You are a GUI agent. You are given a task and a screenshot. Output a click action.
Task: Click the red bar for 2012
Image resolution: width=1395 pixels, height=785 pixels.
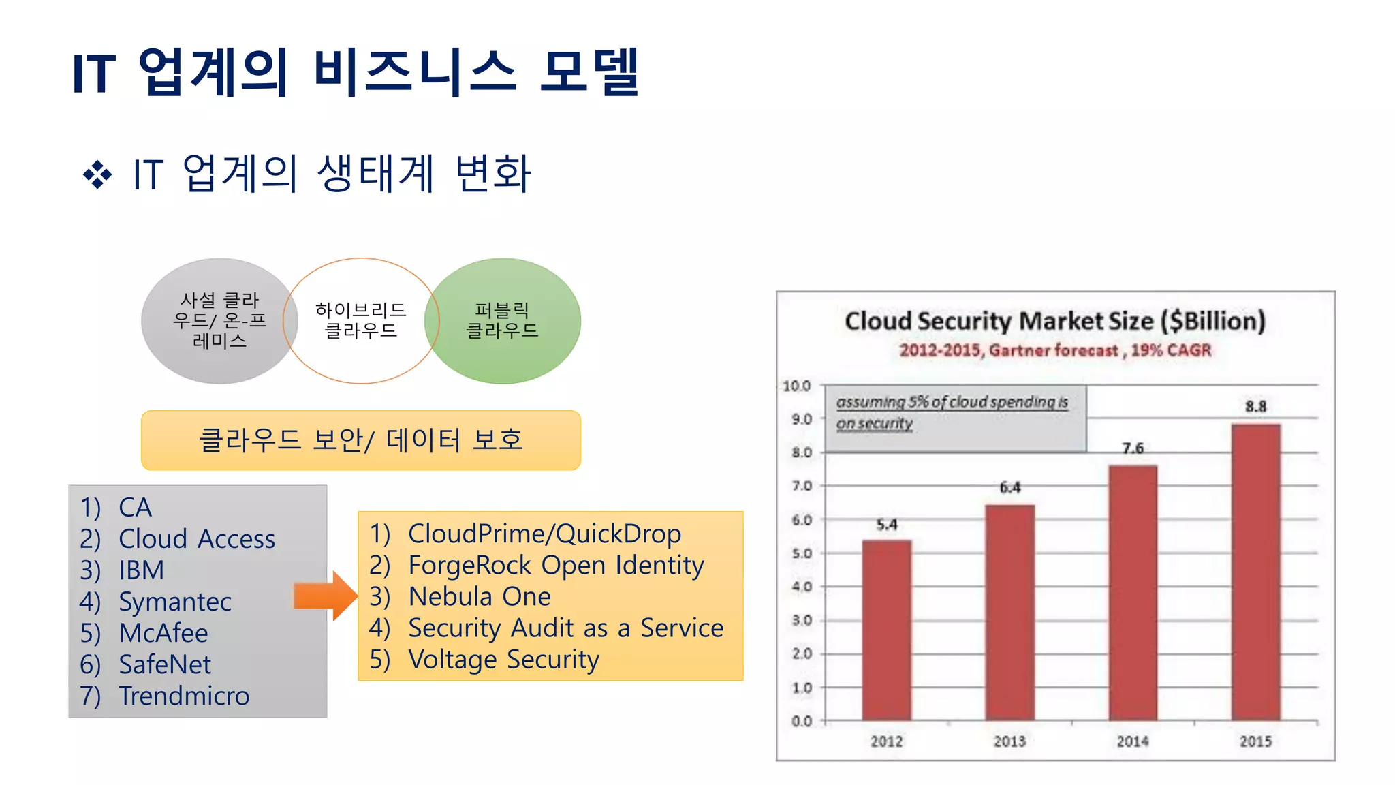click(886, 630)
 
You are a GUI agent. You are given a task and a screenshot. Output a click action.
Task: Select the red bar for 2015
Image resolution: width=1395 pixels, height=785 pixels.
click(1255, 572)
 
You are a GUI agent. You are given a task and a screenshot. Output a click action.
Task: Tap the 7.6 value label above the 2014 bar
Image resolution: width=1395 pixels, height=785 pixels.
click(1133, 448)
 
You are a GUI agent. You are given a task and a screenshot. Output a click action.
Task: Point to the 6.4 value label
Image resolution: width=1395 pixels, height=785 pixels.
click(1009, 487)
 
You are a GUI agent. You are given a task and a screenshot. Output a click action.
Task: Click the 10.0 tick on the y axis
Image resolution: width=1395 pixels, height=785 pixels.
click(796, 386)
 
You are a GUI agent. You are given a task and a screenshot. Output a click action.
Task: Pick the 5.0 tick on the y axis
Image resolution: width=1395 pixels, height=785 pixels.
click(802, 553)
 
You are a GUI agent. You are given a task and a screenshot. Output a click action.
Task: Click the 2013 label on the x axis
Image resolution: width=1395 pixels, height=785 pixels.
click(1009, 741)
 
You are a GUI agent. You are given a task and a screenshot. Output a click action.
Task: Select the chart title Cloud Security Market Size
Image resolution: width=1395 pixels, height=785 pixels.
click(1054, 321)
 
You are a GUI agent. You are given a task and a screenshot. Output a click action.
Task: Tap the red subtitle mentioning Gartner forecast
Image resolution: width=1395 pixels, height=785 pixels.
click(1054, 350)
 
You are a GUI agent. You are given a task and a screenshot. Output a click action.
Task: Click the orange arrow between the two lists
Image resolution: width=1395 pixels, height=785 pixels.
click(325, 596)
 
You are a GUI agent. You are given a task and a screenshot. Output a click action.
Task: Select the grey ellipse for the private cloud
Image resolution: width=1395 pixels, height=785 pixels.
click(219, 320)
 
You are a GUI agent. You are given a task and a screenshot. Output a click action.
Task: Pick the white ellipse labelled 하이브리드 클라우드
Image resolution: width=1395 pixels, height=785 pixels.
click(360, 320)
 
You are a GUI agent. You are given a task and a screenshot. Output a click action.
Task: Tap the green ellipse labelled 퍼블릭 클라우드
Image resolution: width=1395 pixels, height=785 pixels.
click(503, 320)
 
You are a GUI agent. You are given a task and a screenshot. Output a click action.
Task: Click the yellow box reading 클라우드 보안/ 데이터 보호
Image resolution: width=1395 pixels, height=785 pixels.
click(360, 440)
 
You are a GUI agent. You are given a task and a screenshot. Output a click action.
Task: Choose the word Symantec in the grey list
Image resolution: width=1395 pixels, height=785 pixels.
click(175, 602)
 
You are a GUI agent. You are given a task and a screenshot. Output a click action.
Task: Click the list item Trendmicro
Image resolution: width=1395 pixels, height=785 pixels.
click(184, 696)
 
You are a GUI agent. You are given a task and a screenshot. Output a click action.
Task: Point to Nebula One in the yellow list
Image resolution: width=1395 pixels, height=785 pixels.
click(479, 597)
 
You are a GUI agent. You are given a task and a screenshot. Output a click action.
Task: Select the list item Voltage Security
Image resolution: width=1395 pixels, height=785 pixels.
click(503, 660)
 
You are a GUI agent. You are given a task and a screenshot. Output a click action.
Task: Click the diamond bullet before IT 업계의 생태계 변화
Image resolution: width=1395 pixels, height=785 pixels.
click(97, 175)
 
